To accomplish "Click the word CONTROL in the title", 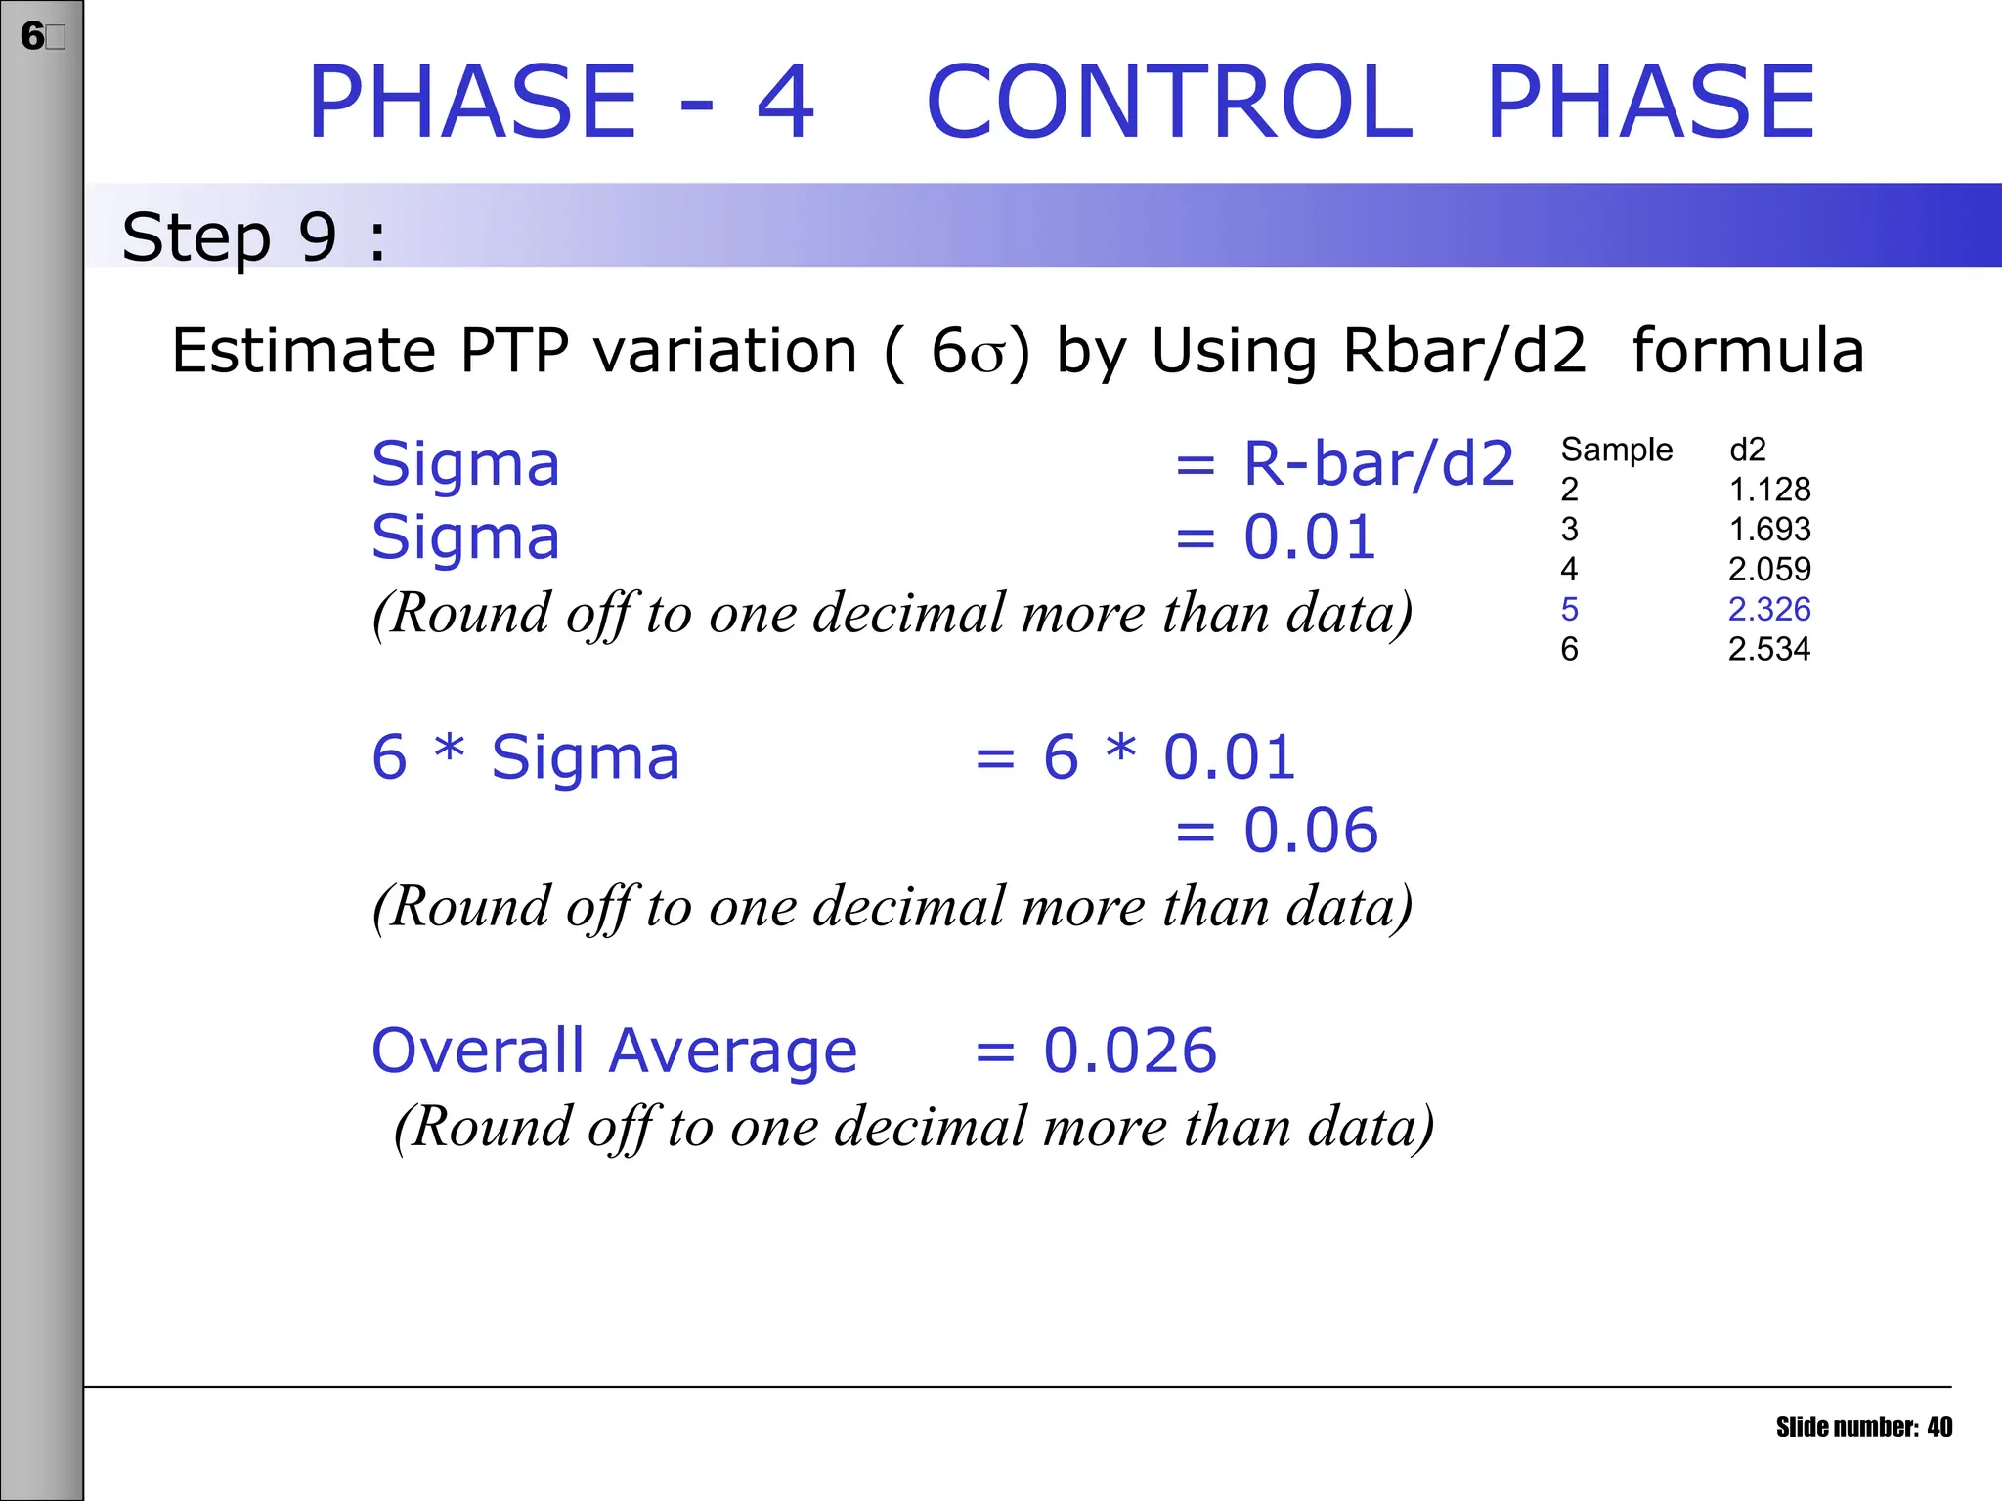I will click(x=1169, y=102).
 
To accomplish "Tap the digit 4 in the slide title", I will click(x=785, y=102).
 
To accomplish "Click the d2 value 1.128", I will click(x=1769, y=490).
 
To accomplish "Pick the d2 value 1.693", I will click(x=1769, y=530).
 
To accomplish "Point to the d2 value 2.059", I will click(x=1769, y=570).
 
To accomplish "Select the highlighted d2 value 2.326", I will click(x=1769, y=610).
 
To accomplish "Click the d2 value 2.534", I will click(x=1769, y=650).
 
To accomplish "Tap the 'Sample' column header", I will click(x=1617, y=450).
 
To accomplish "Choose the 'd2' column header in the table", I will click(x=1748, y=450).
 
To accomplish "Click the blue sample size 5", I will click(x=1569, y=610).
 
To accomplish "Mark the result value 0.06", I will click(x=1310, y=832).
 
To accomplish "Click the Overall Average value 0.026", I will click(x=1130, y=1051).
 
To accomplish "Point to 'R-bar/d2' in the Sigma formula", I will click(x=1378, y=463).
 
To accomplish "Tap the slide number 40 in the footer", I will click(x=1939, y=1428).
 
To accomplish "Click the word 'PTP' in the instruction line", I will click(x=514, y=351).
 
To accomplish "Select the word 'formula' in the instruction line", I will click(x=1748, y=351).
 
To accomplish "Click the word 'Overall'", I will click(x=478, y=1051).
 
